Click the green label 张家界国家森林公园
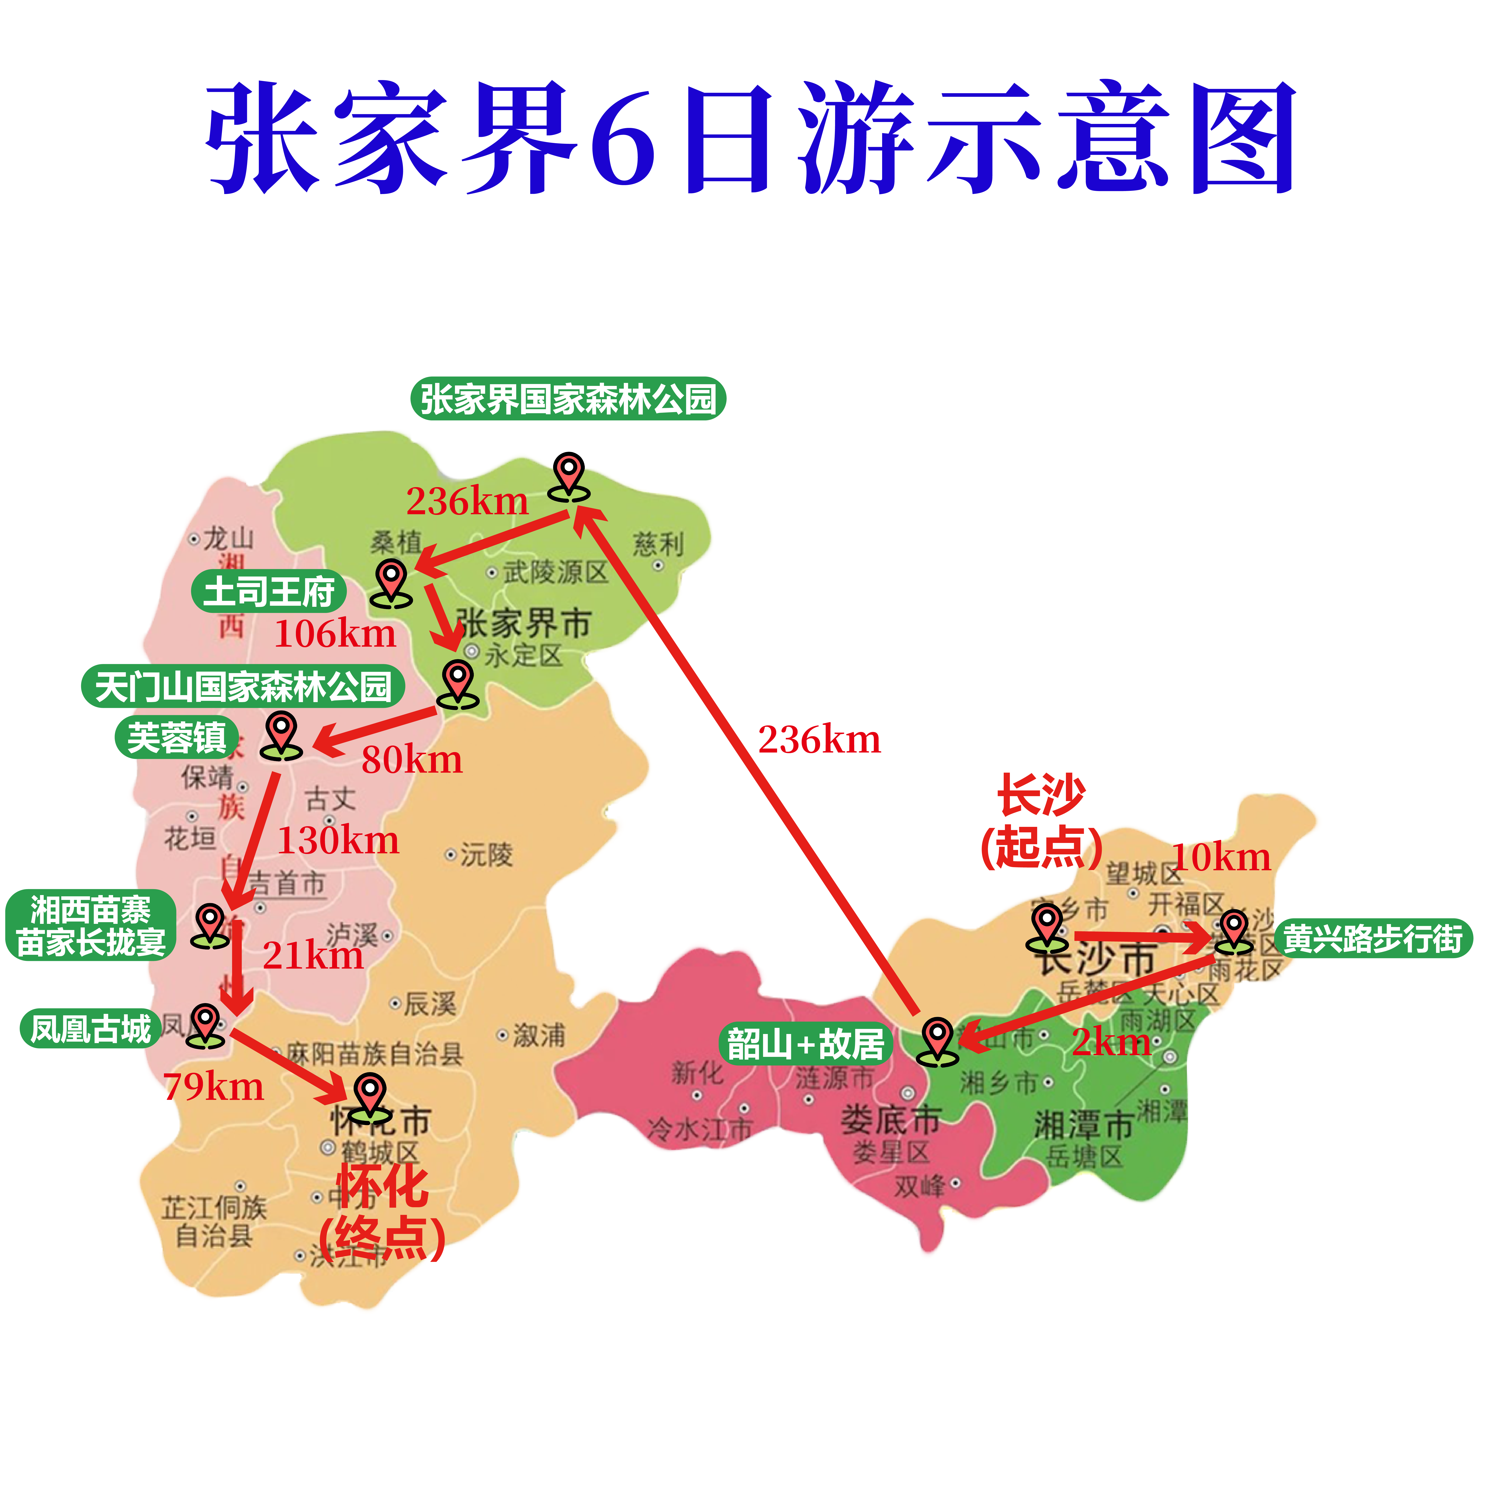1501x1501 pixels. [x=568, y=399]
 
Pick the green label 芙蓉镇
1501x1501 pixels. [x=176, y=737]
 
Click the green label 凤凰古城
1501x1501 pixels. [x=90, y=1029]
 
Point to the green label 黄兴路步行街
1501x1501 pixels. [x=1373, y=938]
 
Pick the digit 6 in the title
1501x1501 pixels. [x=622, y=138]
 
